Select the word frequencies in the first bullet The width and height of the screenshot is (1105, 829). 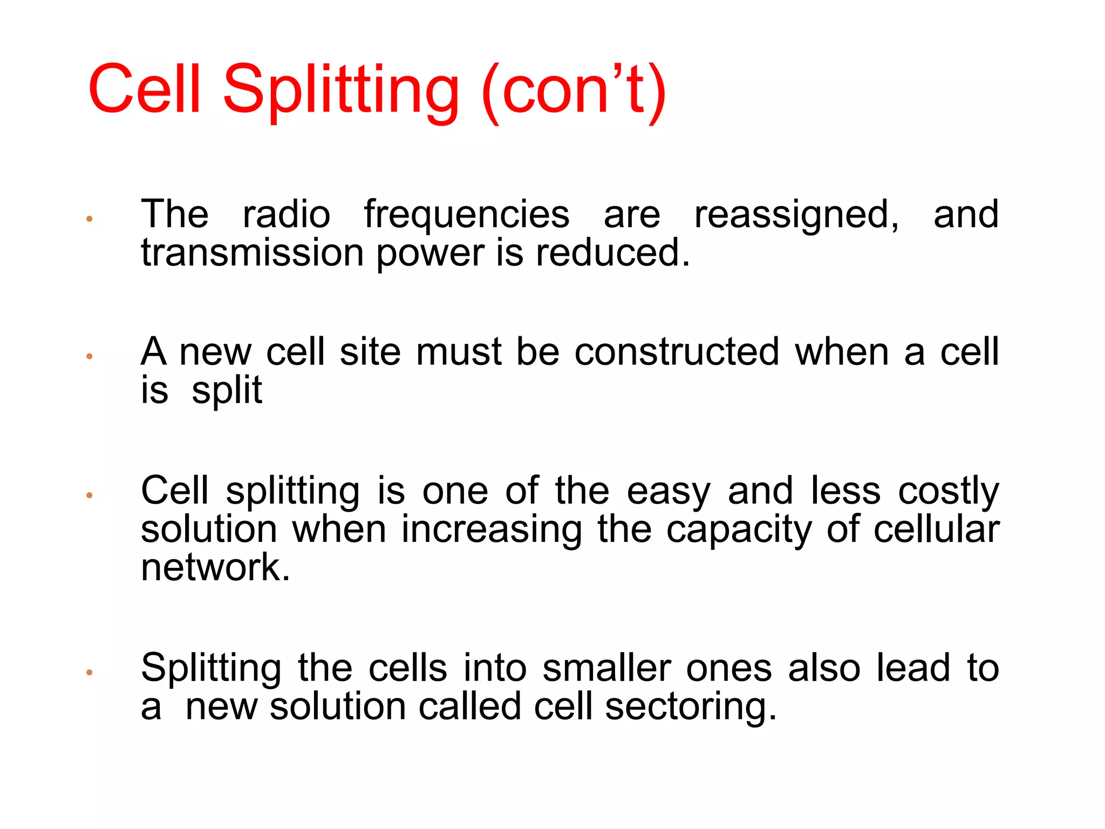pyautogui.click(x=467, y=215)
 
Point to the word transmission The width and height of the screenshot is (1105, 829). pyautogui.click(x=253, y=253)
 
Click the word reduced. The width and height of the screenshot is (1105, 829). pyautogui.click(x=612, y=253)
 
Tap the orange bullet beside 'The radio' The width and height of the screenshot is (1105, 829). pyautogui.click(x=90, y=219)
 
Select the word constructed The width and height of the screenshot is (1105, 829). pyautogui.click(x=677, y=352)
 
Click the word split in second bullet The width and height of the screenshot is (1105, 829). pyautogui.click(x=227, y=391)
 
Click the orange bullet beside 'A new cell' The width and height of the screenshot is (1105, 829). pyautogui.click(x=90, y=356)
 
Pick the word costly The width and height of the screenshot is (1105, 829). pyautogui.click(x=949, y=492)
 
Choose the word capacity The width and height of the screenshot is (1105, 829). pyautogui.click(x=739, y=531)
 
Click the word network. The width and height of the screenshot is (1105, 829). pyautogui.click(x=215, y=568)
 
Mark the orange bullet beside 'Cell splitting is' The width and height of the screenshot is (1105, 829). pyautogui.click(x=90, y=495)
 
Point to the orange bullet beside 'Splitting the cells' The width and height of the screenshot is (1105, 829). pyautogui.click(x=90, y=672)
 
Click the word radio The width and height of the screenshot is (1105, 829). pyautogui.click(x=287, y=215)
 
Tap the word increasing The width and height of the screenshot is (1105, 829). pyautogui.click(x=492, y=531)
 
